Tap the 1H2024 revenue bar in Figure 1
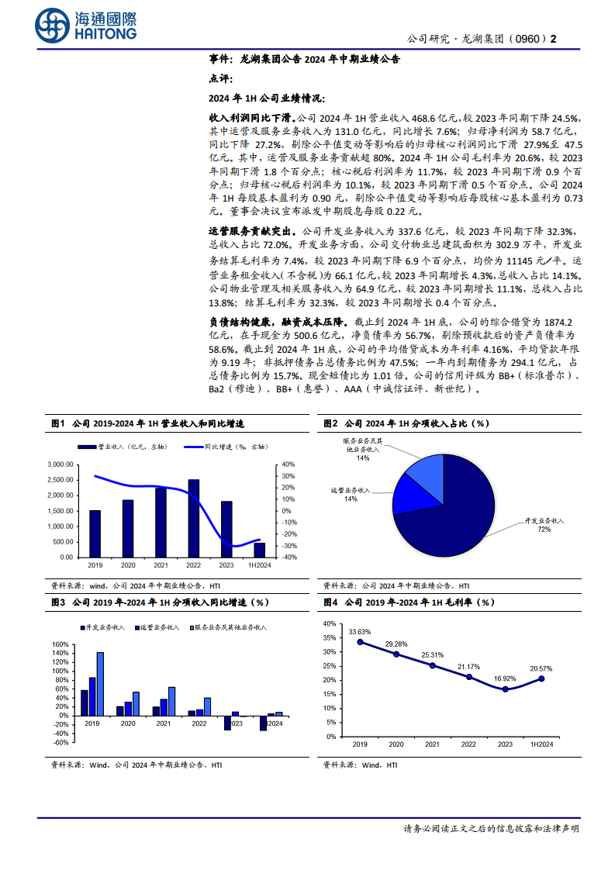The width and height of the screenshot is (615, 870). click(259, 550)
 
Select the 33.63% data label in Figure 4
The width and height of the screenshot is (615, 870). click(359, 631)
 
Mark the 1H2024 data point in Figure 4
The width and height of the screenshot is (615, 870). click(541, 678)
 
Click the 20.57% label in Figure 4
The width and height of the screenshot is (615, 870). click(541, 668)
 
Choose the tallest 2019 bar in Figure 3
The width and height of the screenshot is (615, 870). click(100, 684)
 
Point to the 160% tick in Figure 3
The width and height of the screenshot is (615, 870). click(60, 644)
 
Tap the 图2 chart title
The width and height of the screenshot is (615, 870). click(404, 423)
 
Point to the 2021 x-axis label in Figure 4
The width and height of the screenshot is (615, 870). click(432, 744)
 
